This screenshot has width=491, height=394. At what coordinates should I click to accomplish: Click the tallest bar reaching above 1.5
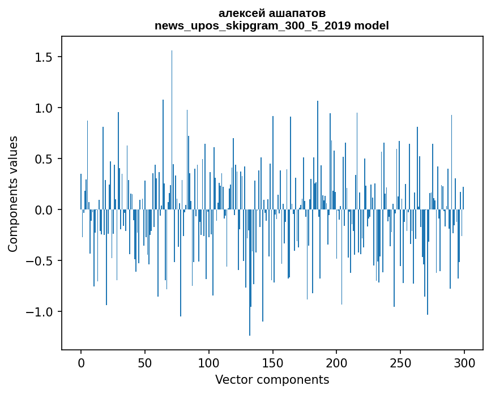[172, 130]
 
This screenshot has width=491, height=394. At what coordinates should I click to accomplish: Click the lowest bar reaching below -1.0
[250, 273]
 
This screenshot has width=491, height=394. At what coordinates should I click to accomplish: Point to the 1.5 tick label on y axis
[44, 57]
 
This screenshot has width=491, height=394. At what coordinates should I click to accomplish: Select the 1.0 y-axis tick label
[44, 108]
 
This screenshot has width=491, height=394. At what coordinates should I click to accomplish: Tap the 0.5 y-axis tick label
[44, 159]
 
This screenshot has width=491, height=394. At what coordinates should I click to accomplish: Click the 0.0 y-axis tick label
[44, 210]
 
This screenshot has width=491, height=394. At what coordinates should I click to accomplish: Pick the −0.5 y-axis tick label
[39, 261]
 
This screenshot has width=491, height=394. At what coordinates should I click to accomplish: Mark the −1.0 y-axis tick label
[39, 312]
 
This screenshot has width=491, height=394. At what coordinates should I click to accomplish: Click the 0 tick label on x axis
[81, 363]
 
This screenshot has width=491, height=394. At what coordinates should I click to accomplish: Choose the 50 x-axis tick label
[144, 363]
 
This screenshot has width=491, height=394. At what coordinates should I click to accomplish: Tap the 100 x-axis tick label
[208, 363]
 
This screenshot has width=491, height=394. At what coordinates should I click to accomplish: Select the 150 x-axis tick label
[272, 363]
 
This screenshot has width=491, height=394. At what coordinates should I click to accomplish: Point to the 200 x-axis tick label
[336, 363]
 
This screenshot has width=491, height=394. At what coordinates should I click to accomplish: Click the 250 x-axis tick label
[400, 363]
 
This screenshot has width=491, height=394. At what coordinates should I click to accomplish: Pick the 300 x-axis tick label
[464, 363]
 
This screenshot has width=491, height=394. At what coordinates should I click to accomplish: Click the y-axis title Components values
[13, 194]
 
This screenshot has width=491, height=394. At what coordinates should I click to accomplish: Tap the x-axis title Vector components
[272, 380]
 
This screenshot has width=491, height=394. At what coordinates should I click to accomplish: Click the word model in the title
[372, 25]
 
